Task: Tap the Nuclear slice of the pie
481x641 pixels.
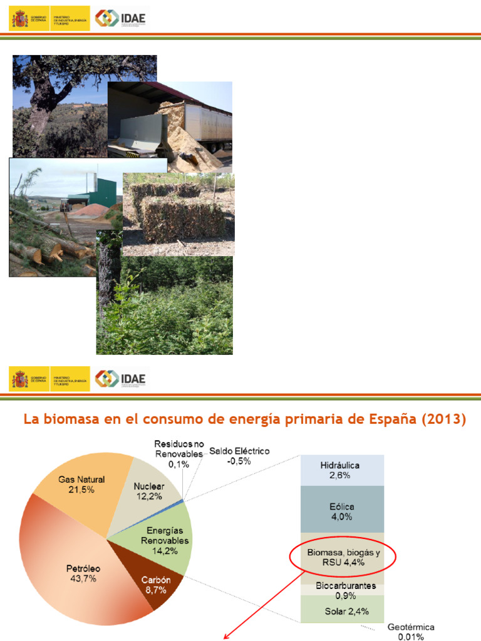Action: [x=148, y=491]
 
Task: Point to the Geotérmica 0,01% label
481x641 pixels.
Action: [x=411, y=632]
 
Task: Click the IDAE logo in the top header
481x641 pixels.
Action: [x=121, y=18]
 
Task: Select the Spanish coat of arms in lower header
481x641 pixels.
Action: [x=21, y=379]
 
